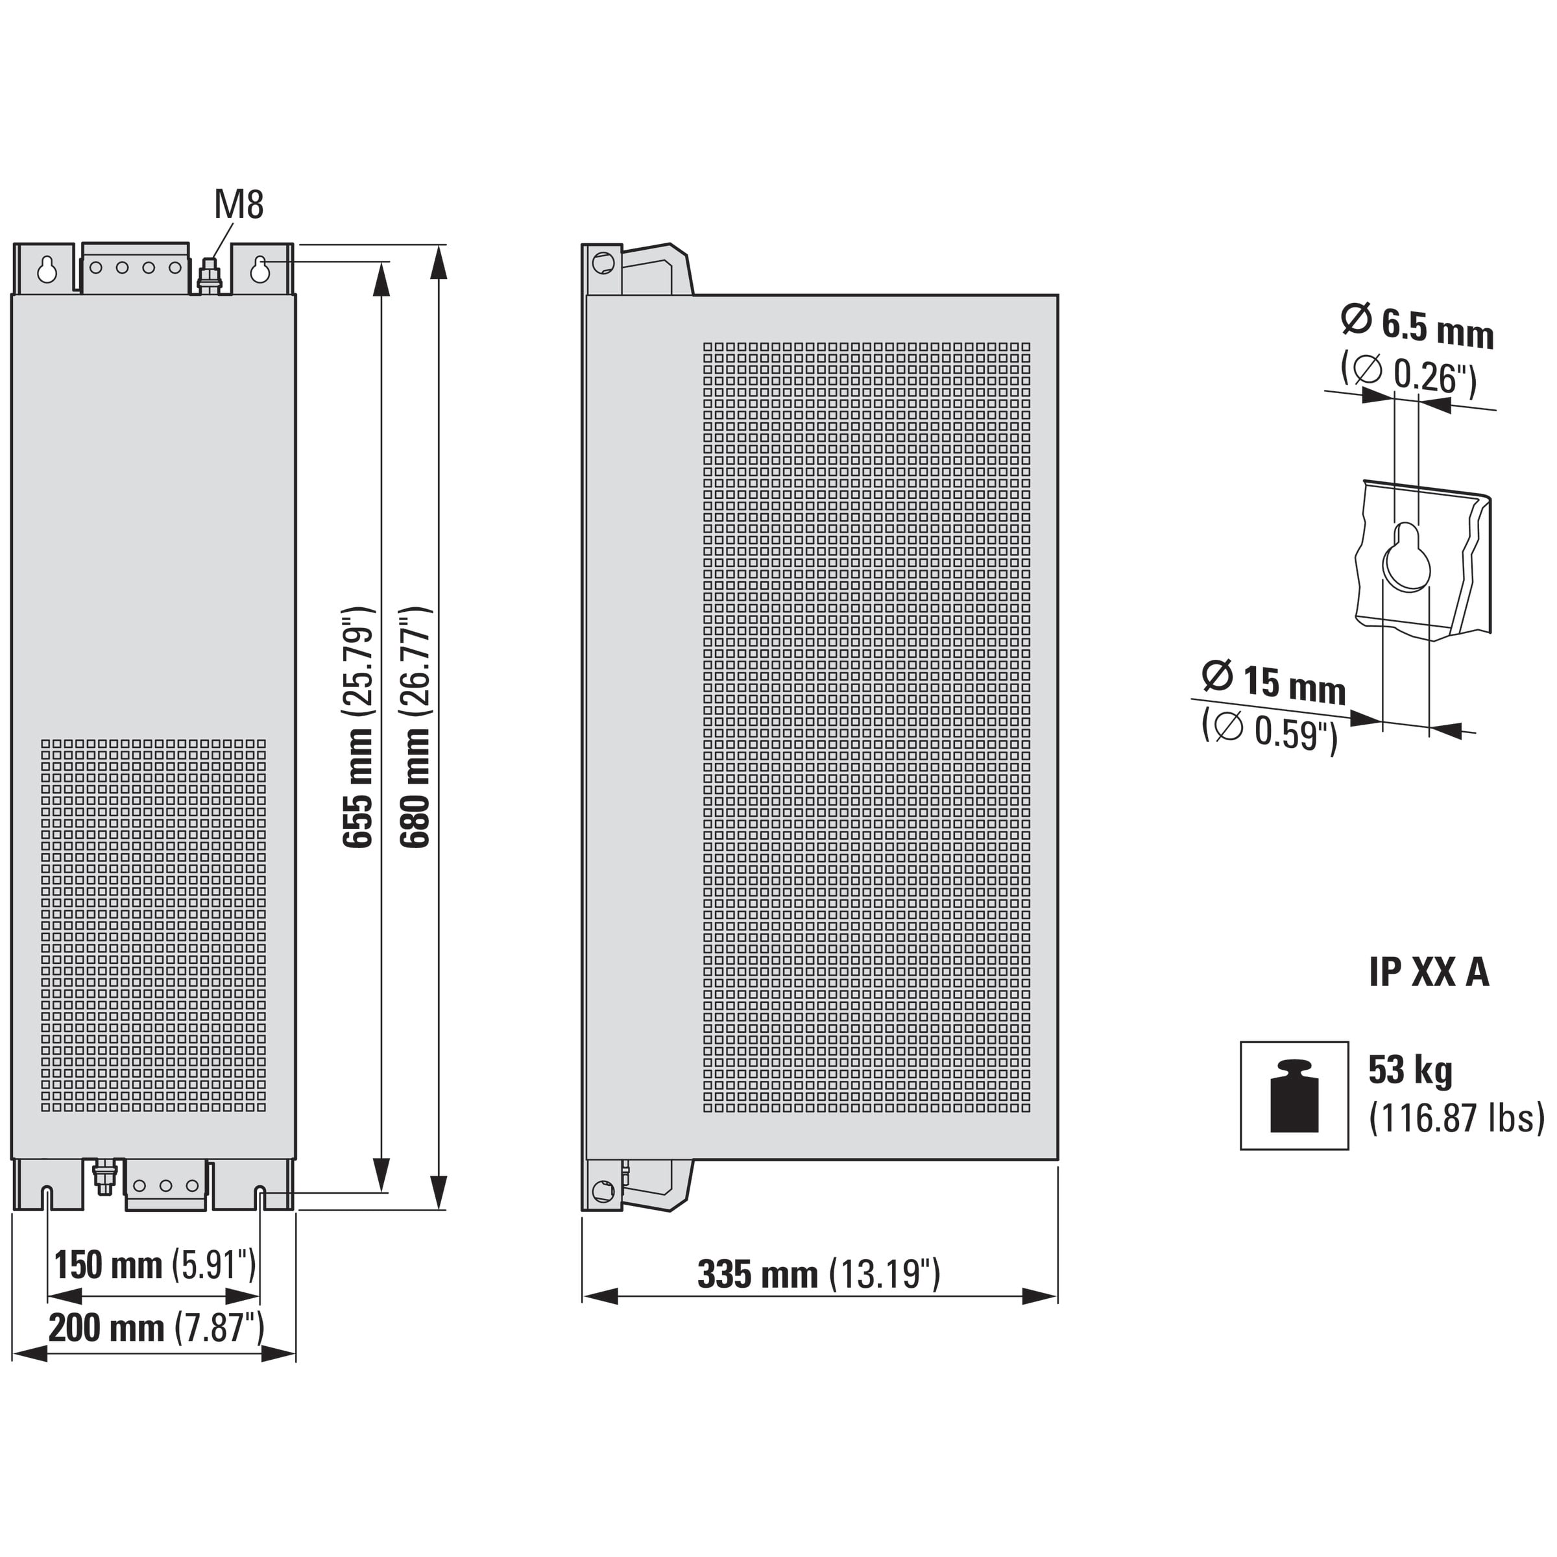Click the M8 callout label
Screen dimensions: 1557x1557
pos(239,205)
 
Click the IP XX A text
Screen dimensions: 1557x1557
pos(1429,972)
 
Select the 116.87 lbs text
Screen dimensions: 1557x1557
pos(1456,1118)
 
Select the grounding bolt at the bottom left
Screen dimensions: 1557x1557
pos(104,1177)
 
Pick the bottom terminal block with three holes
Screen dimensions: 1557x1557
pos(166,1185)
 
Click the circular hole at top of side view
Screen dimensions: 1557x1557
pos(603,262)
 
